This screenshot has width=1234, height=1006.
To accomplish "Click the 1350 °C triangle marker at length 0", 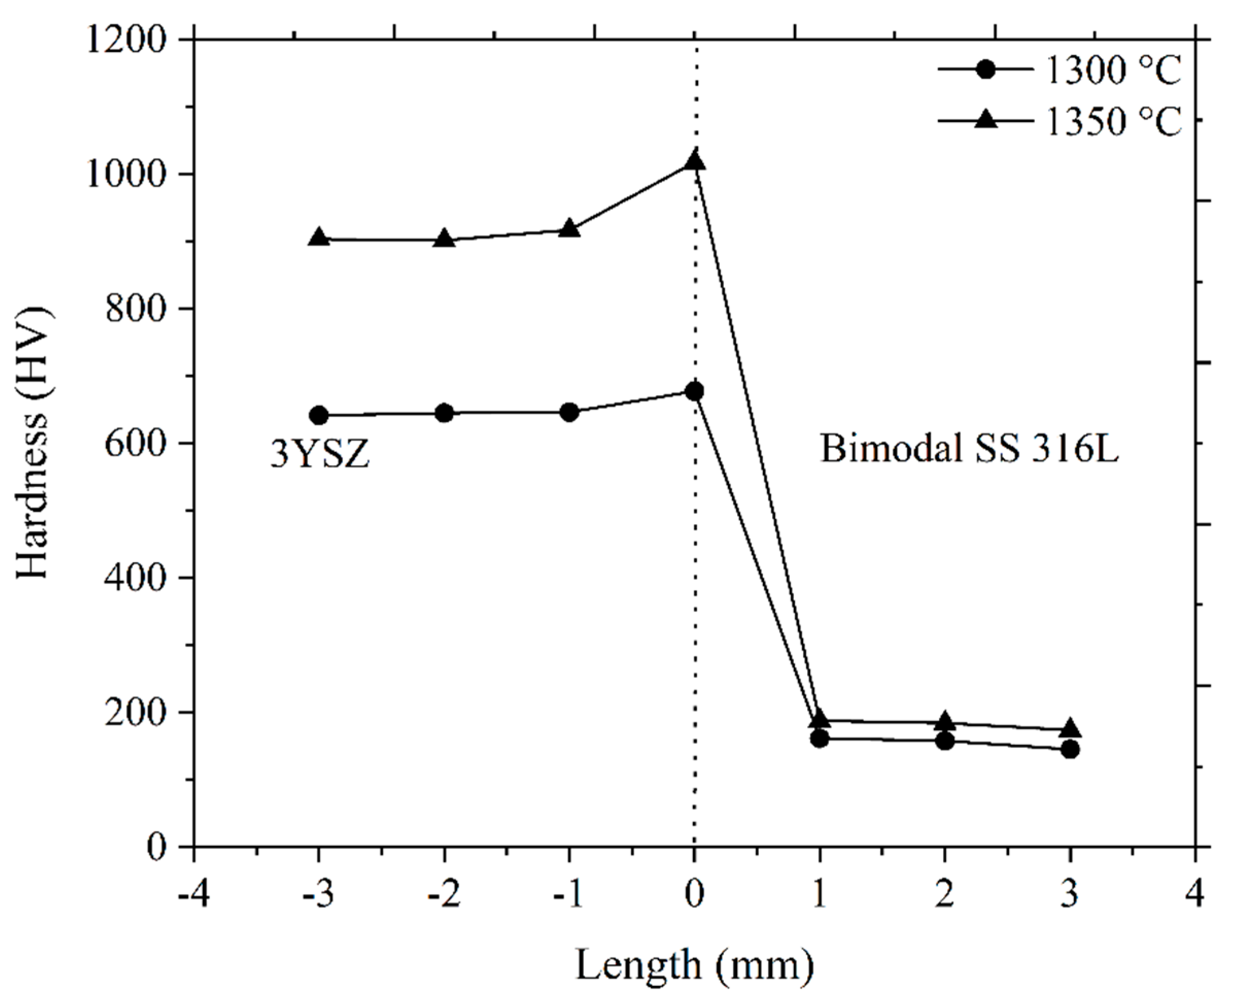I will (x=694, y=160).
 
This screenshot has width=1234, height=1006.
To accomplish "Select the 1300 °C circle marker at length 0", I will (x=694, y=392).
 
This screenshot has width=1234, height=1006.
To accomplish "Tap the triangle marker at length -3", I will (x=319, y=237).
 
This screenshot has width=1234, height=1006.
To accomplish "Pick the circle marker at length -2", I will (x=444, y=413).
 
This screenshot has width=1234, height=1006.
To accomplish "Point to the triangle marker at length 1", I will (x=819, y=719).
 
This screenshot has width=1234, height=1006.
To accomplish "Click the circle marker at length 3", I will (x=1070, y=750).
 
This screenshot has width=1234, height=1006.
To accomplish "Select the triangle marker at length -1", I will (x=569, y=228).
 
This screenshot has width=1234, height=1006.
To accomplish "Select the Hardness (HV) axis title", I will (x=33, y=443).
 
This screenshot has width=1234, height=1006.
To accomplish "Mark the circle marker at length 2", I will (x=945, y=740).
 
